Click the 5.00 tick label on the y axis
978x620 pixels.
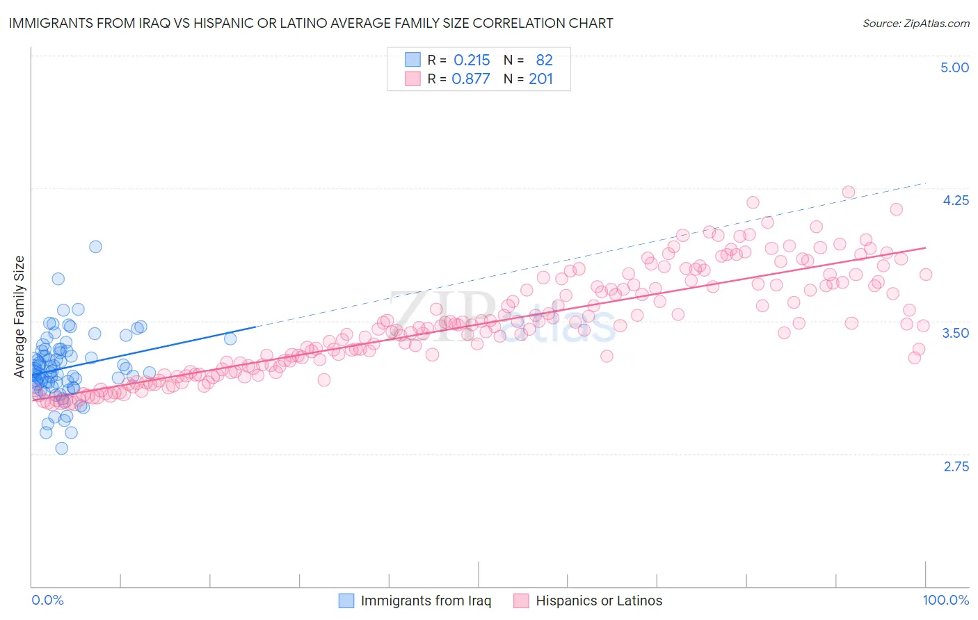[x=954, y=67]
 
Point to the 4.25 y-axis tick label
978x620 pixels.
[x=955, y=200]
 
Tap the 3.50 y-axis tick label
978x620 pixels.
[x=955, y=333]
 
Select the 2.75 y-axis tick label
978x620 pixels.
[x=956, y=466]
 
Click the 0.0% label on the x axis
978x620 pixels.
[x=47, y=600]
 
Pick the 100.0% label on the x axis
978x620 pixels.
[x=945, y=600]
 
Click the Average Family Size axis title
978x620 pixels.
[x=19, y=317]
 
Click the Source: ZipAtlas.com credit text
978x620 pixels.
[x=915, y=23]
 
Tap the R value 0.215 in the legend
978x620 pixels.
[x=472, y=60]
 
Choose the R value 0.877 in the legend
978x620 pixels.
[x=471, y=79]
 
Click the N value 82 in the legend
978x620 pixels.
[x=544, y=60]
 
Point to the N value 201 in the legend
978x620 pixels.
[x=540, y=79]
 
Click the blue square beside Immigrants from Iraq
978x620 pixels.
[x=346, y=601]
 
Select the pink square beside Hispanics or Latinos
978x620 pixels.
[x=521, y=601]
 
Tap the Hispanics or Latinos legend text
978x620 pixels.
[x=599, y=601]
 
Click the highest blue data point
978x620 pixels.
[x=95, y=247]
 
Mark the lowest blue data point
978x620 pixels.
[x=61, y=448]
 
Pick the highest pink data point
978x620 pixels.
[x=848, y=192]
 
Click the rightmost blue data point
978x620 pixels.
[x=230, y=338]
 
